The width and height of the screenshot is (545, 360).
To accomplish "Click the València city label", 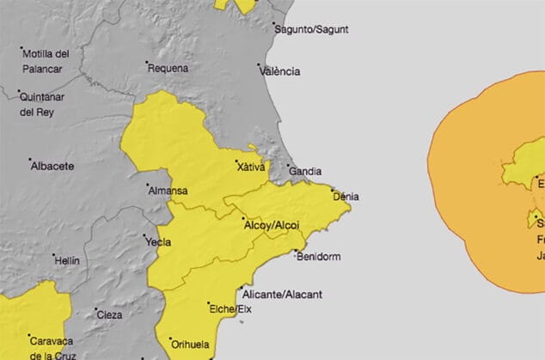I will click(x=282, y=71).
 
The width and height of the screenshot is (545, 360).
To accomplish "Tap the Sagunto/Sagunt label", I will click(x=311, y=28).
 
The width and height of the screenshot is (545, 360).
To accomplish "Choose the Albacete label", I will click(x=52, y=166).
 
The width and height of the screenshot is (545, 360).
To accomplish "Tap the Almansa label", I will click(x=168, y=190).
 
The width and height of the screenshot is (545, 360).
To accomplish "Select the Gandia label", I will click(x=307, y=172).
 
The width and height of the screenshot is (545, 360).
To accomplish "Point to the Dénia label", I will click(x=346, y=197).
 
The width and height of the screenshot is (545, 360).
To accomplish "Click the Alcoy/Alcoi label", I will click(x=272, y=225).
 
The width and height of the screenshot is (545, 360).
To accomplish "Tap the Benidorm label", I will click(x=318, y=256).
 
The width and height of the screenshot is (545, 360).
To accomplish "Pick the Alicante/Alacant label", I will click(x=283, y=294).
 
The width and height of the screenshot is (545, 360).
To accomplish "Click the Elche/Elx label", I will click(x=230, y=308).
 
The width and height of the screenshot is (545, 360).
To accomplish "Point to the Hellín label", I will click(x=66, y=259).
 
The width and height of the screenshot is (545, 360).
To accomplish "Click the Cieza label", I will click(x=109, y=314).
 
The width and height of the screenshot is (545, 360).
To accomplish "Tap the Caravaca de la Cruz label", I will click(x=53, y=346).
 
